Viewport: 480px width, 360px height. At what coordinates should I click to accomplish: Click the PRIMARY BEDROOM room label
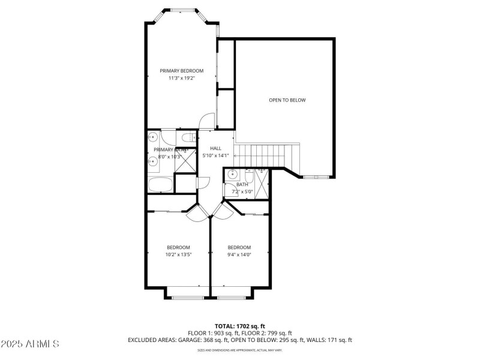click(181, 71)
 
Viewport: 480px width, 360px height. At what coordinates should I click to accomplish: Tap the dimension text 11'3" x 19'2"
click(181, 78)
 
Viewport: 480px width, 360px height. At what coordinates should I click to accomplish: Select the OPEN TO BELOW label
click(287, 100)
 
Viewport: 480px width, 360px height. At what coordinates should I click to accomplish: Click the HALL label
click(215, 148)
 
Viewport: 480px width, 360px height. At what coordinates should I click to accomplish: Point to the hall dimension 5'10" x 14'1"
click(215, 156)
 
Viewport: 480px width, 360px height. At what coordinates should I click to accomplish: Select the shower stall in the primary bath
click(186, 161)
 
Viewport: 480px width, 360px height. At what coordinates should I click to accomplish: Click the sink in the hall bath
click(232, 176)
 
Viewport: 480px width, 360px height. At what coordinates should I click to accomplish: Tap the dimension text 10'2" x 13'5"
click(178, 254)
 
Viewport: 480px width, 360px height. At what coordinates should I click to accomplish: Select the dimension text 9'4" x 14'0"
click(239, 254)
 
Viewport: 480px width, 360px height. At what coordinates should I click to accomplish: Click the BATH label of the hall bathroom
click(242, 185)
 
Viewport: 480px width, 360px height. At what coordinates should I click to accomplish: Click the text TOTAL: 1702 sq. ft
click(239, 326)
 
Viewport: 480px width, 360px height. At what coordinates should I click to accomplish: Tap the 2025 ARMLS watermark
click(30, 344)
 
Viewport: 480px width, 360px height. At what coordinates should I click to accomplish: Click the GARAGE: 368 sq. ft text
click(199, 340)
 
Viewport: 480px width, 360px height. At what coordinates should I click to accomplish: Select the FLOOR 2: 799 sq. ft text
click(266, 333)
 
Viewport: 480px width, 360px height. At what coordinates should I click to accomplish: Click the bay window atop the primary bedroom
click(181, 10)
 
